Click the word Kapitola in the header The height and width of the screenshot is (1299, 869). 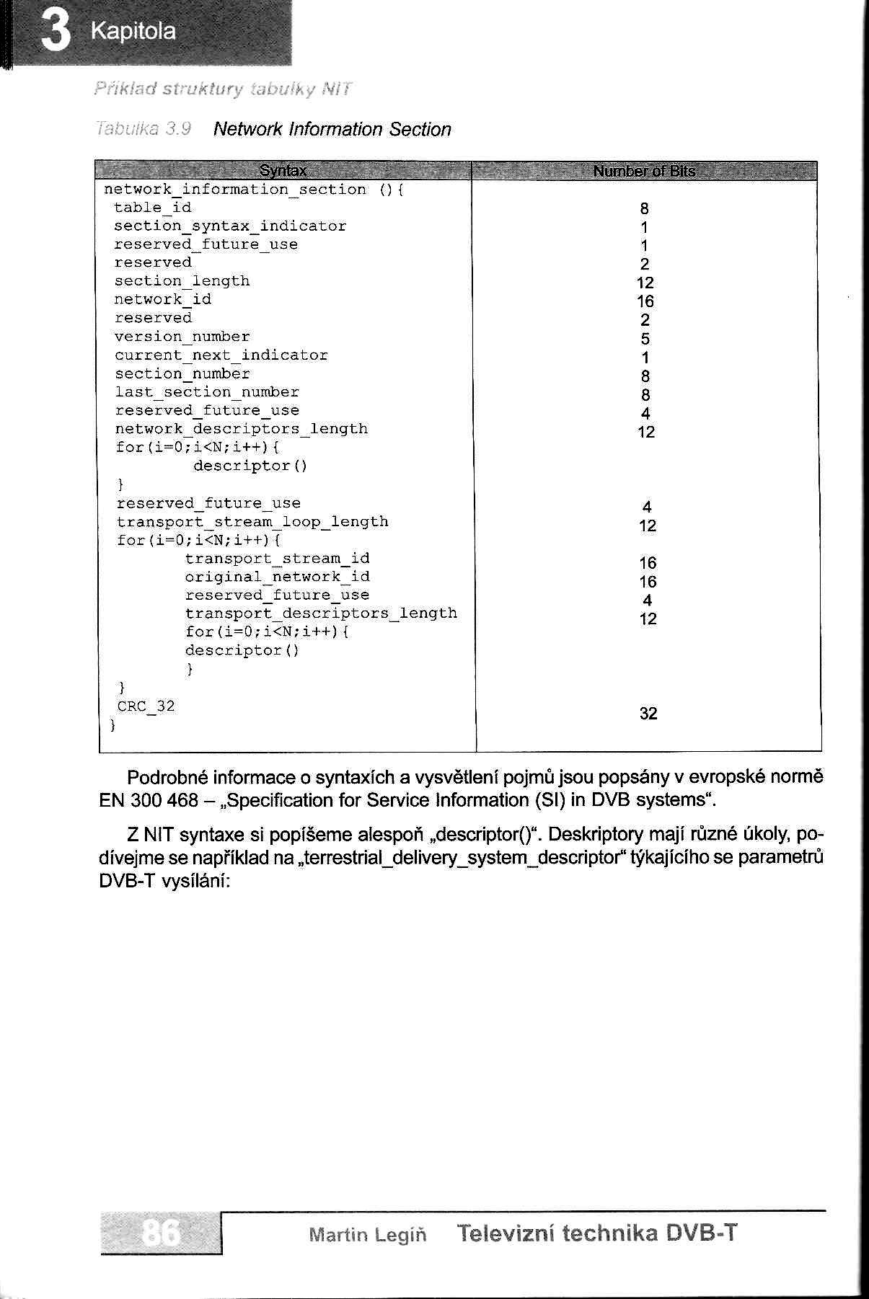tap(133, 32)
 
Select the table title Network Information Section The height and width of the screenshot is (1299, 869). tap(332, 130)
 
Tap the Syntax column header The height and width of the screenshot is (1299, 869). tap(283, 172)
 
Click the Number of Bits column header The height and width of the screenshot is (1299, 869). tap(644, 172)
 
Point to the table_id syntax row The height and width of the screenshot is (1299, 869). tap(152, 208)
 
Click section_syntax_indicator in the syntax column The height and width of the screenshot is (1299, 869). tap(230, 226)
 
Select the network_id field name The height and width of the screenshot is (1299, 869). tap(162, 299)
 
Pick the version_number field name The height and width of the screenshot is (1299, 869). tap(182, 337)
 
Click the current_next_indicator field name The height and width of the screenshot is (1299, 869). tap(221, 355)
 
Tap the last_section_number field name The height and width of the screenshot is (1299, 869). tap(207, 392)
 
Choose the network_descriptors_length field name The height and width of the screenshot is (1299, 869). tap(241, 429)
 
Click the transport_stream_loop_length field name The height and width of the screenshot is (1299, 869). tap(252, 521)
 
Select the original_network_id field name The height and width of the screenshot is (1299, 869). tap(277, 577)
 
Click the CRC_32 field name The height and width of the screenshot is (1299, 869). tap(146, 706)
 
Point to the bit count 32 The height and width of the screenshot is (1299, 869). tap(648, 714)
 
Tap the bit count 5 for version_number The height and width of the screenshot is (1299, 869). tap(645, 339)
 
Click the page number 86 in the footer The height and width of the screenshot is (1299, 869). tap(162, 1233)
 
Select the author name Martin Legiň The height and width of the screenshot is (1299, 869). tap(367, 1235)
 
